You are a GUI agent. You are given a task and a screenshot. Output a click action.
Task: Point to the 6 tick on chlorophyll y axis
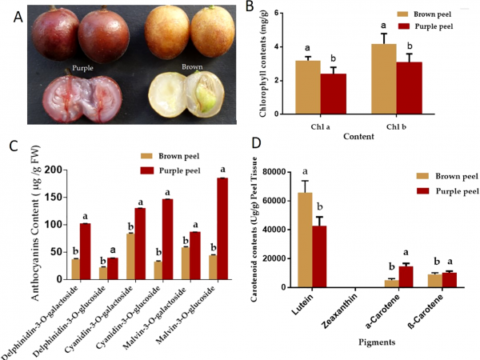pos(278,13)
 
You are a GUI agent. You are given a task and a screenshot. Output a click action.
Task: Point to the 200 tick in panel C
pos(52,170)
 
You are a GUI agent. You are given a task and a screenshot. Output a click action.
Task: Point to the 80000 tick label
pos(271,172)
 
